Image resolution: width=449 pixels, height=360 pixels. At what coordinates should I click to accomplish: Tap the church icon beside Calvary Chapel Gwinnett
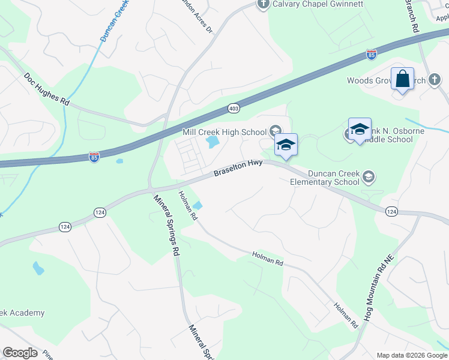pyautogui.click(x=263, y=4)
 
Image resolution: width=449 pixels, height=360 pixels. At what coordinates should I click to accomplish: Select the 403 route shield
pyautogui.click(x=234, y=108)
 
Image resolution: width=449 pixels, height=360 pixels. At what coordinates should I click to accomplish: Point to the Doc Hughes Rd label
pyautogui.click(x=47, y=89)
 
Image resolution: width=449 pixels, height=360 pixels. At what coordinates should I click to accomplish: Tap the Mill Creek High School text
pyautogui.click(x=224, y=132)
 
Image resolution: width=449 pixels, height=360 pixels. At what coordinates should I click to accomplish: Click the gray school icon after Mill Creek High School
pyautogui.click(x=274, y=131)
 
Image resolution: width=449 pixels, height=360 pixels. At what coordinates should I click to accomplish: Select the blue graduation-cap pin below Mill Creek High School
pyautogui.click(x=286, y=145)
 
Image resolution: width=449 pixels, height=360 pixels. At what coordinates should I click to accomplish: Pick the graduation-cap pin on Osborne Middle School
pyautogui.click(x=360, y=130)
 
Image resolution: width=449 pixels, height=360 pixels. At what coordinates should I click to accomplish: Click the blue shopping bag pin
pyautogui.click(x=402, y=79)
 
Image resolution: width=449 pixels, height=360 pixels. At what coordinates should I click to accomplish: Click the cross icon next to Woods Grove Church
pyautogui.click(x=435, y=80)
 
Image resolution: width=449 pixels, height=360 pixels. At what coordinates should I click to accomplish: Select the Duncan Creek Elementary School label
pyautogui.click(x=325, y=178)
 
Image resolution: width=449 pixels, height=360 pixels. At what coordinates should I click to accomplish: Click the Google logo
pyautogui.click(x=19, y=353)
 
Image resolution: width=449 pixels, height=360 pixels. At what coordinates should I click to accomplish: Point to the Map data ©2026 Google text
pyautogui.click(x=411, y=355)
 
